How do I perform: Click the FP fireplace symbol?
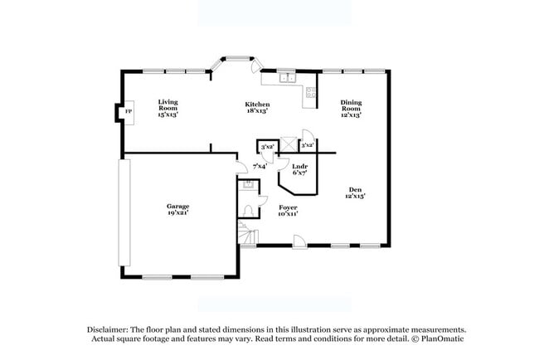pos(129,112)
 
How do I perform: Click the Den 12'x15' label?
pos(355,192)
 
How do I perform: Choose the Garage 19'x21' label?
pos(177,208)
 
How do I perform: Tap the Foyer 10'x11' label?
pos(288,210)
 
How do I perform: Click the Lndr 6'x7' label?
pos(299,169)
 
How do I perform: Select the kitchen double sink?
pos(286,78)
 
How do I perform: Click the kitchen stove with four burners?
pos(312,93)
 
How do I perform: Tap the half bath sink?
pos(247,187)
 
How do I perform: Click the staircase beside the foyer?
pos(247,234)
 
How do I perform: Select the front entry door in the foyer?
pos(300,241)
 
